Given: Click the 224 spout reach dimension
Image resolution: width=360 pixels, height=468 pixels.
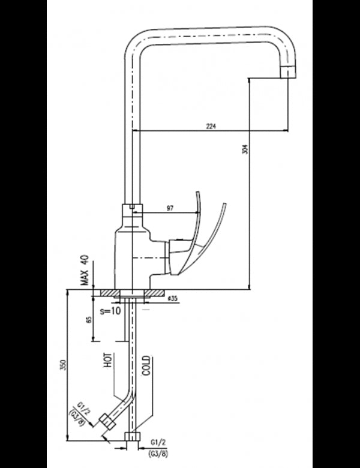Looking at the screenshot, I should click(211, 127).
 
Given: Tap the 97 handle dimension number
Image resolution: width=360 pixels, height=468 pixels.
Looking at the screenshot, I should click(169, 208).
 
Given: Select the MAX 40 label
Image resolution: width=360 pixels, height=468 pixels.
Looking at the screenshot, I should click(85, 271).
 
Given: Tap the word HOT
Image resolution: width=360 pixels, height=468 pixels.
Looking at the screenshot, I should click(109, 361).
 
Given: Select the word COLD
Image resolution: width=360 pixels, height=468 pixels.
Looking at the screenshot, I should click(146, 365).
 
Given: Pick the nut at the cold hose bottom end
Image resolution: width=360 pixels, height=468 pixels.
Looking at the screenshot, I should click(132, 437).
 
